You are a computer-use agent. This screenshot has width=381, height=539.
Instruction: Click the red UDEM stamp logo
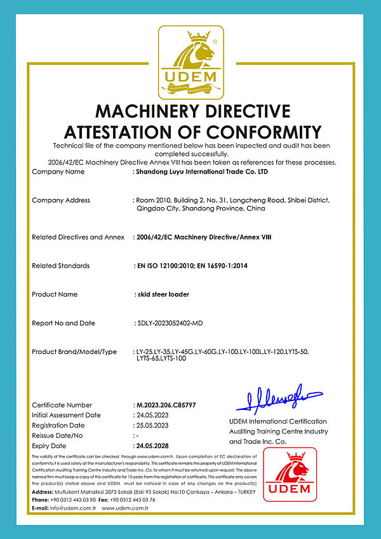(x=290, y=474)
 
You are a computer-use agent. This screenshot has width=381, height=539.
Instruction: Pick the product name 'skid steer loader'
(x=163, y=294)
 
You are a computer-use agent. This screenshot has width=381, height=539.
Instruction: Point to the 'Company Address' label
(x=61, y=200)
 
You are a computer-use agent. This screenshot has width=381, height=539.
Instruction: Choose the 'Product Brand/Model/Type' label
(x=74, y=351)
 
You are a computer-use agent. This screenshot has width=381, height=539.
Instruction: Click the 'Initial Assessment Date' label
(x=66, y=415)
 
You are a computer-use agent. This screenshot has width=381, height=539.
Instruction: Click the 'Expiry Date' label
(x=50, y=446)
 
